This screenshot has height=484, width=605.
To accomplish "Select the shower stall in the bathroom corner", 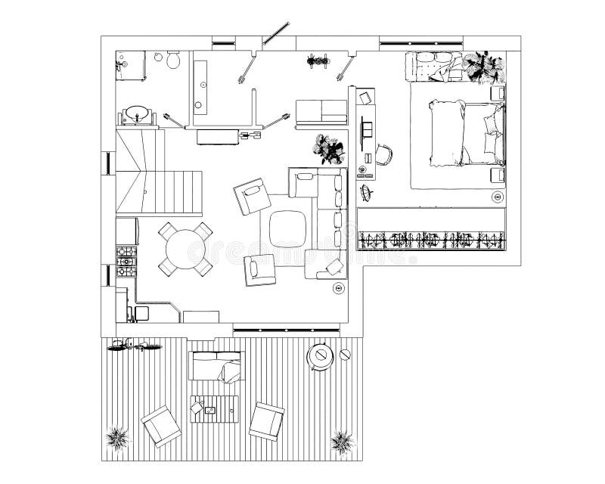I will (129, 64).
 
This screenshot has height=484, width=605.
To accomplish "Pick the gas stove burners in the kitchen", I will (126, 260).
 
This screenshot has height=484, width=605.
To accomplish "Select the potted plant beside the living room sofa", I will (329, 149).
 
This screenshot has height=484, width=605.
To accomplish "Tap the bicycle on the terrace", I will (135, 346).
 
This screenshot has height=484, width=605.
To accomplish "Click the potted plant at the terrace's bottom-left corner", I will (117, 437).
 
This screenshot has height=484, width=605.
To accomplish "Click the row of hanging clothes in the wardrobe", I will (431, 240).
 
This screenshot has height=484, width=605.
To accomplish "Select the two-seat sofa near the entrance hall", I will (321, 113).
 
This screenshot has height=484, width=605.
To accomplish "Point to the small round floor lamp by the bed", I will (497, 197).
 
